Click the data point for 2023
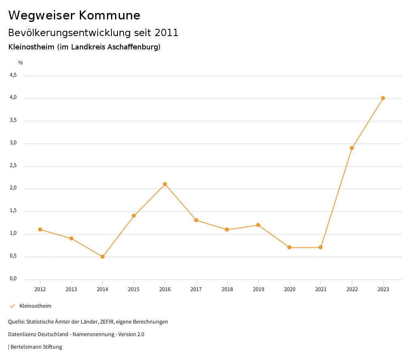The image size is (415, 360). [383, 98]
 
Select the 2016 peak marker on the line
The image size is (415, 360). [165, 184]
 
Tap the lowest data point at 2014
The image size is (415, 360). [103, 257]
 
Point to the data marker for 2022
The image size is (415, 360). [352, 148]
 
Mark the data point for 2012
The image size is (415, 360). [40, 229]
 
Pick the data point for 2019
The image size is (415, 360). [258, 225]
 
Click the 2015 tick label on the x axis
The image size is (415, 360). [134, 289]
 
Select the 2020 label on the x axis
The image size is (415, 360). [289, 289]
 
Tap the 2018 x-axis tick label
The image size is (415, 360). [227, 289]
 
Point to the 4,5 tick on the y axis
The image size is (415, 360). [13, 75]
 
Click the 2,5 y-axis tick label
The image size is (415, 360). [13, 166]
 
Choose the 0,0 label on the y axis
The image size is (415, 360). [13, 279]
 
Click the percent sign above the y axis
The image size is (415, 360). [21, 63]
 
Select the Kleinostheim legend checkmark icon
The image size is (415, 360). [12, 306]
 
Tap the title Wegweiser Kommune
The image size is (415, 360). [74, 15]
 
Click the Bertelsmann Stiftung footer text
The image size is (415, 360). [36, 347]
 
